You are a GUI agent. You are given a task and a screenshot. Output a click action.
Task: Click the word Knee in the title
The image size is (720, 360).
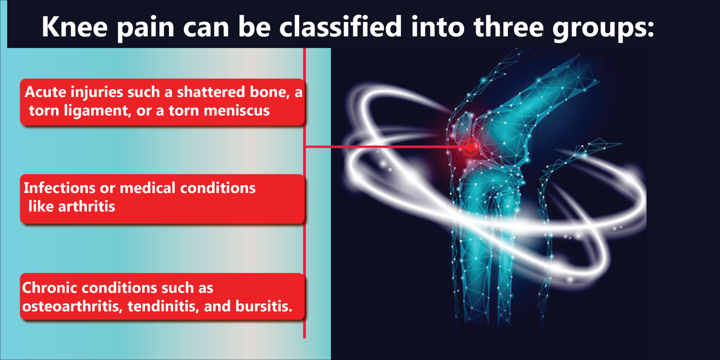(74, 27)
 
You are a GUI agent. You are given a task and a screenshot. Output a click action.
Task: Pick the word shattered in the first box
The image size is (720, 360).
(211, 92)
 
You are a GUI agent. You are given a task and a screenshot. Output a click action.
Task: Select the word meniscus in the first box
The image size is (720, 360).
(237, 110)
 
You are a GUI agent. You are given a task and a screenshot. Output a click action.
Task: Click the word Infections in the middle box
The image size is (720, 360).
(60, 188)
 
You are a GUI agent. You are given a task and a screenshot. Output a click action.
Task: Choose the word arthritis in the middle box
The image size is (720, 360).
(86, 206)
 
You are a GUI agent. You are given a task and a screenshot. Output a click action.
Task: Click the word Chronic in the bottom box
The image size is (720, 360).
(50, 288)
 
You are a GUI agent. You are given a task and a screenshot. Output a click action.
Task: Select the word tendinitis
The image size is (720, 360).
(163, 306)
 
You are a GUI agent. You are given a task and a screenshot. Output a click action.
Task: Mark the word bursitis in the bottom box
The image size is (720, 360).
(264, 306)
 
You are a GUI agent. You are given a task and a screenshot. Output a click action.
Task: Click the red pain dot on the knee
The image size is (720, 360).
(470, 147)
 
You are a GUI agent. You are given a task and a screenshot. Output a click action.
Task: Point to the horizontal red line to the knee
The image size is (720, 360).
(384, 146)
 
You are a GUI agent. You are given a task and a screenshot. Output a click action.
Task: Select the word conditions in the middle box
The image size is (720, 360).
(217, 188)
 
